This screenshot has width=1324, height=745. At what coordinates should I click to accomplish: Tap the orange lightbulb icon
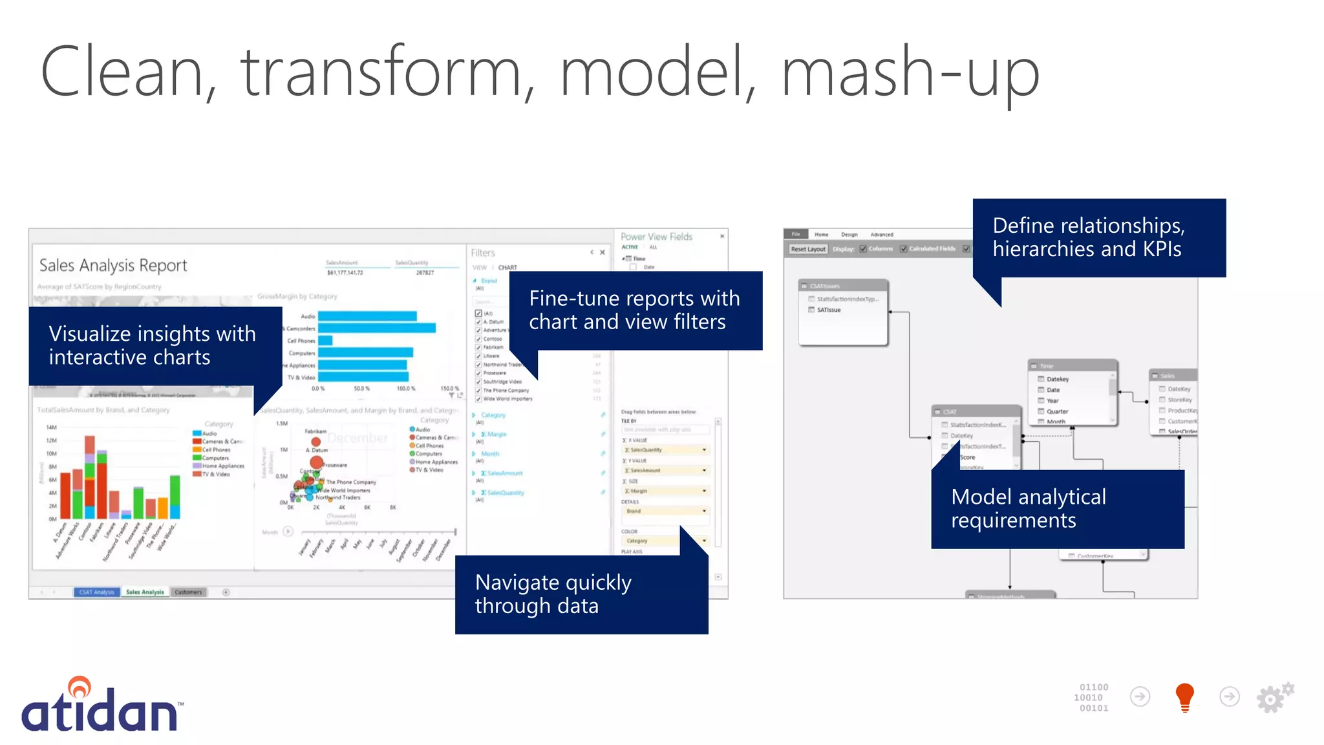tap(1184, 697)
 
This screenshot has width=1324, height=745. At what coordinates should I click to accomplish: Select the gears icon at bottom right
tap(1274, 697)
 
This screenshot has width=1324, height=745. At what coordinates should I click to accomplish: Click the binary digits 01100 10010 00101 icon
tap(1093, 697)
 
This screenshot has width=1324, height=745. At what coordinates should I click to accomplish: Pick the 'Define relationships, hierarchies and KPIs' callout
tap(1098, 237)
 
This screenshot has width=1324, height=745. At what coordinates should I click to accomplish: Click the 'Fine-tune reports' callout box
tap(635, 310)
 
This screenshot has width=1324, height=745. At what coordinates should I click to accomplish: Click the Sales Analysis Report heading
tap(113, 265)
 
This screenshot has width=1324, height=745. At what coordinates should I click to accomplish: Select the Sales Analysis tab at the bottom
tap(145, 592)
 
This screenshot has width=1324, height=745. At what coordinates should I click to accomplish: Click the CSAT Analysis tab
tap(96, 592)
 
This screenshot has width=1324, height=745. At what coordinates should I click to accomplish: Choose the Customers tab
tap(188, 592)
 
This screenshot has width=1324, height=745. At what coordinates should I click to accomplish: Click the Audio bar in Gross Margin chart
tap(367, 316)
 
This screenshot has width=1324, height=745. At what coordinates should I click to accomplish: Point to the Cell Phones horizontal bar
tap(325, 341)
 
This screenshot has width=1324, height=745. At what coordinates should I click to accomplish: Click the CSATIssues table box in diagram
tap(842, 312)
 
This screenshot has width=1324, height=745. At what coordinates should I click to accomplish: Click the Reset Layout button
tap(807, 249)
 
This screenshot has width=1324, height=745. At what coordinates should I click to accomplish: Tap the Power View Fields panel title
tap(656, 237)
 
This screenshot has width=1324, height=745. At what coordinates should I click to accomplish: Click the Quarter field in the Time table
tap(1057, 411)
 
